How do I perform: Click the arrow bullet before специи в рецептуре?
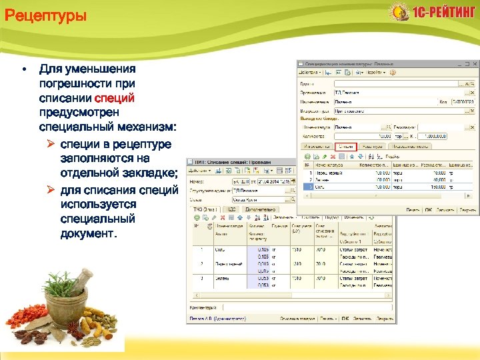tap(51, 144)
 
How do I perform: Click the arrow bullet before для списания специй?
tap(51, 189)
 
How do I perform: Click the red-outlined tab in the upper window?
tap(347, 145)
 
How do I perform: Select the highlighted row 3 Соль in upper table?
tap(347, 188)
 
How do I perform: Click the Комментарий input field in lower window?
tap(307, 307)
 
